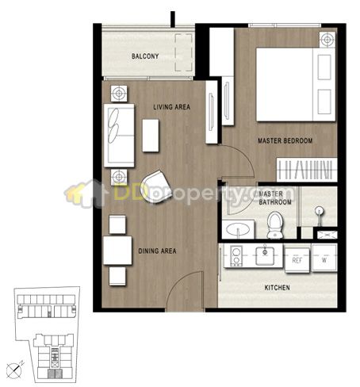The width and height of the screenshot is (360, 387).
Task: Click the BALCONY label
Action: (x=145, y=56)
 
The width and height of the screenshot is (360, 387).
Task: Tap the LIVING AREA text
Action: (x=172, y=107)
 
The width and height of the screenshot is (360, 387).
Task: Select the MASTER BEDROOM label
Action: (x=285, y=140)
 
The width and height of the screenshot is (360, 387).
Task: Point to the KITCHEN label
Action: (x=278, y=287)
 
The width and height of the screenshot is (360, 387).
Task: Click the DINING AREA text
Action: (x=157, y=251)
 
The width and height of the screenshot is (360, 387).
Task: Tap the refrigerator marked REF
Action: (x=297, y=260)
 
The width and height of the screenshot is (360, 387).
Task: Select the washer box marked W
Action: (x=324, y=258)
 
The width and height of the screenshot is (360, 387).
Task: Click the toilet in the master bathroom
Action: (x=274, y=224)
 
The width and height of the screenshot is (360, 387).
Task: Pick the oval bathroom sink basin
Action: (x=238, y=229)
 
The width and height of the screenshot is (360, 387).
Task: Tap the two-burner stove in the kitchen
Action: (x=236, y=255)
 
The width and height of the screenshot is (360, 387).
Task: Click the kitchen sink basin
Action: (x=265, y=255)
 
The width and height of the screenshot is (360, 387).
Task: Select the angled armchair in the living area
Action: (x=156, y=186)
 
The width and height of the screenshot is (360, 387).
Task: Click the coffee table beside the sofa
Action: (x=151, y=136)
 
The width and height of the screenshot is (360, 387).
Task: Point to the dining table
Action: (x=117, y=251)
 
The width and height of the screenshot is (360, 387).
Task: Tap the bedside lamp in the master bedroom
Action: (x=327, y=40)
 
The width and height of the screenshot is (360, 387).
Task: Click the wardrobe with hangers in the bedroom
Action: (x=307, y=170)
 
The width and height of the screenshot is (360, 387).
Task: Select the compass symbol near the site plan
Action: (x=15, y=370)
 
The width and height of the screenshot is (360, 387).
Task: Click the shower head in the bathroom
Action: (x=320, y=211)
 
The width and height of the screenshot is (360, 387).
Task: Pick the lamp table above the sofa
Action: (x=119, y=94)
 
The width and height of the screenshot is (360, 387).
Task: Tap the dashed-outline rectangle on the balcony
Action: (x=183, y=52)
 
